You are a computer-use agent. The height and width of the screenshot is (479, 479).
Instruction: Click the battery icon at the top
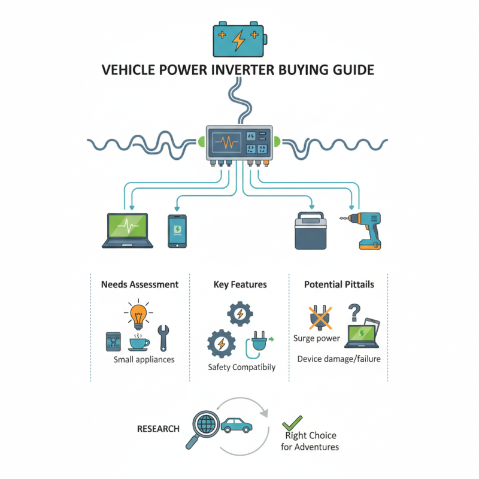point(238,40)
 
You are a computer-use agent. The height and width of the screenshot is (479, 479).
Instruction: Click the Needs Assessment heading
point(139,284)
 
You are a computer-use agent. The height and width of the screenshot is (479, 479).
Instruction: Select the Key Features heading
point(240,284)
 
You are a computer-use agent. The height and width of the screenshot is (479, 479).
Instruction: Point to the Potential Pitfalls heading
point(339,284)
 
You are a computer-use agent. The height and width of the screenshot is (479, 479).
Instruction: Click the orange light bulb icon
point(138,314)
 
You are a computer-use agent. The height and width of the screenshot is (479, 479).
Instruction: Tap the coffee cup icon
point(139,342)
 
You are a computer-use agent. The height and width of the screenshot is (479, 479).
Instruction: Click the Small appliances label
point(144,360)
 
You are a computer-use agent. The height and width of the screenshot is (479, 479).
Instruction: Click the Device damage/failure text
point(339,359)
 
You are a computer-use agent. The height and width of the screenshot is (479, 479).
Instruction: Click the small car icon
point(237,426)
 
